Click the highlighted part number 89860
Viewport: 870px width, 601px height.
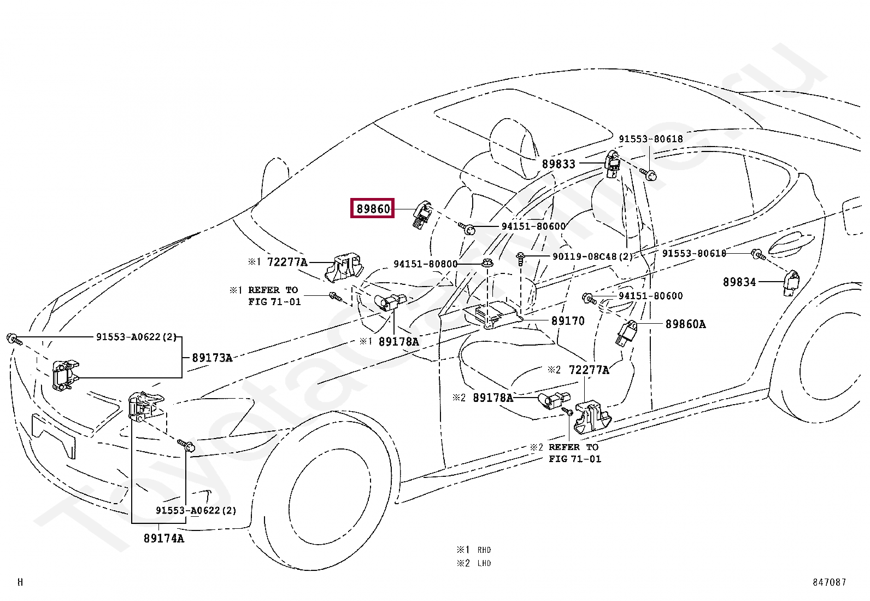[373, 208]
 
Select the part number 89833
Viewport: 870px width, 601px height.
[559, 164]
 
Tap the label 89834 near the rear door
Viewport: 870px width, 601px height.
[739, 282]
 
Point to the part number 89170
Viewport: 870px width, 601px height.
[567, 321]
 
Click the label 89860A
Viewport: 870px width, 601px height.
[685, 324]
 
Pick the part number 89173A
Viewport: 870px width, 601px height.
[212, 358]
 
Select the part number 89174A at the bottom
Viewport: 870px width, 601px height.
[163, 538]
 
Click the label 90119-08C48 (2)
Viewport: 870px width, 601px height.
[592, 256]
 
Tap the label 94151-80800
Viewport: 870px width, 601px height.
[425, 264]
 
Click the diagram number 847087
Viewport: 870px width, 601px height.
[829, 582]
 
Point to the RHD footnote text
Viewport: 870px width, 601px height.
[484, 550]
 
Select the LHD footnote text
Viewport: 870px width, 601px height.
[484, 563]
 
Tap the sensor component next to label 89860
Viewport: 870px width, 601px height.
[422, 214]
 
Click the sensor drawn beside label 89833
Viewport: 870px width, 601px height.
[613, 164]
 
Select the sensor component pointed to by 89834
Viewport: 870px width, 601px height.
[791, 282]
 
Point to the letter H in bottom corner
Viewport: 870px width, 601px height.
[20, 582]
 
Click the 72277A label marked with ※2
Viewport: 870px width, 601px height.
[589, 370]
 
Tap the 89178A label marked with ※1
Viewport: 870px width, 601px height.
[398, 342]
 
